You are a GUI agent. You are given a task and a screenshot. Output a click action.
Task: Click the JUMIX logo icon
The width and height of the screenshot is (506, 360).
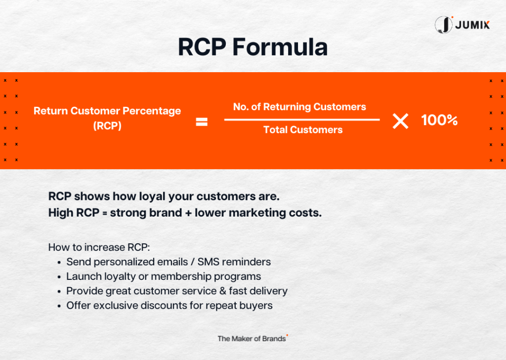point(444,25)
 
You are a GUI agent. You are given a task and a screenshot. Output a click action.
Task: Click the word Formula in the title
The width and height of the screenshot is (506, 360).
point(280,47)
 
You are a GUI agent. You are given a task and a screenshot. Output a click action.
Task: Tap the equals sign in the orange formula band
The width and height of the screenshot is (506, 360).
point(202,122)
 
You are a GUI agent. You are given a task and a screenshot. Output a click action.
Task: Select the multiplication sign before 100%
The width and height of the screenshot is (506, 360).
point(400,121)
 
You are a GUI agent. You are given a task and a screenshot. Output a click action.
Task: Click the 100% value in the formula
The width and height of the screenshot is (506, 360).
point(439,120)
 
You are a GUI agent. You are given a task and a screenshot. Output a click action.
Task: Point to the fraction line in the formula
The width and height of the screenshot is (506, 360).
point(302,120)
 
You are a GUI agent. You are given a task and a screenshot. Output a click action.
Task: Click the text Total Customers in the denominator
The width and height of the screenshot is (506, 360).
point(303,130)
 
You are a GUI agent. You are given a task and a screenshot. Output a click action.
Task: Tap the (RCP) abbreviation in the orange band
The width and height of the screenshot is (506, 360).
point(107,126)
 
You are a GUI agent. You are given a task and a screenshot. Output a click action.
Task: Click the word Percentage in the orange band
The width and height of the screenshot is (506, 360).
point(152,111)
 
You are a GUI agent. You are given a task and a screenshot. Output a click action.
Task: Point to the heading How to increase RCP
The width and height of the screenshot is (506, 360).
point(99,247)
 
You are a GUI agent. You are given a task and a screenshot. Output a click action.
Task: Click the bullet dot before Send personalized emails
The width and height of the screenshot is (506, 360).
point(59,263)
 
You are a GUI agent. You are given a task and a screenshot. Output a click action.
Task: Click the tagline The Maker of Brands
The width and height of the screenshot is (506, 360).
point(252,339)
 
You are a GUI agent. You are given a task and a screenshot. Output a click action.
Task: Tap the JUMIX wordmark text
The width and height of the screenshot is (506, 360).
point(472,25)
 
